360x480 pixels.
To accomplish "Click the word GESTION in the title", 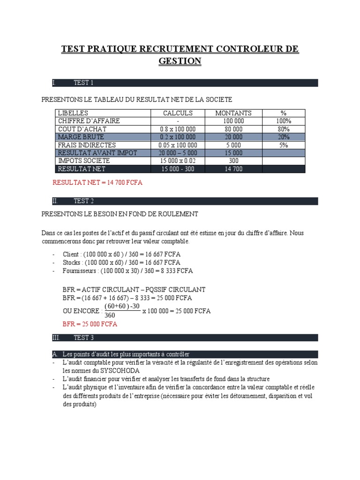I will (180, 61).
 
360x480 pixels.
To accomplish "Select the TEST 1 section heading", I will (83, 83).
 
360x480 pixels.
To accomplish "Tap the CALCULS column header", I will (178, 113).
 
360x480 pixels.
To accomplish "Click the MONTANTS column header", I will (233, 113).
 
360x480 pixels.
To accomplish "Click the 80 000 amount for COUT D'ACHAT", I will (233, 129).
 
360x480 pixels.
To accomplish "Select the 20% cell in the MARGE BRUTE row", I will (283, 137).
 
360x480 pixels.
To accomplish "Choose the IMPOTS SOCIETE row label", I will (83, 161).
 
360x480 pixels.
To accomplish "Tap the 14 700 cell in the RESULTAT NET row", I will (233, 169).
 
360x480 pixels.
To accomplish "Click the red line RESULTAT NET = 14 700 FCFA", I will (97, 182).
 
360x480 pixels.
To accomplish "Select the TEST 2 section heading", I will (83, 201).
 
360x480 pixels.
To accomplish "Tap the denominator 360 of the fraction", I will (110, 315).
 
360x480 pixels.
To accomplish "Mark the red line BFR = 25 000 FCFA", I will (90, 324).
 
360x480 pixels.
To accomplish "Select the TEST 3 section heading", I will (83, 337).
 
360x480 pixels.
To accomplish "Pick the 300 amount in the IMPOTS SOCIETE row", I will (233, 161).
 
